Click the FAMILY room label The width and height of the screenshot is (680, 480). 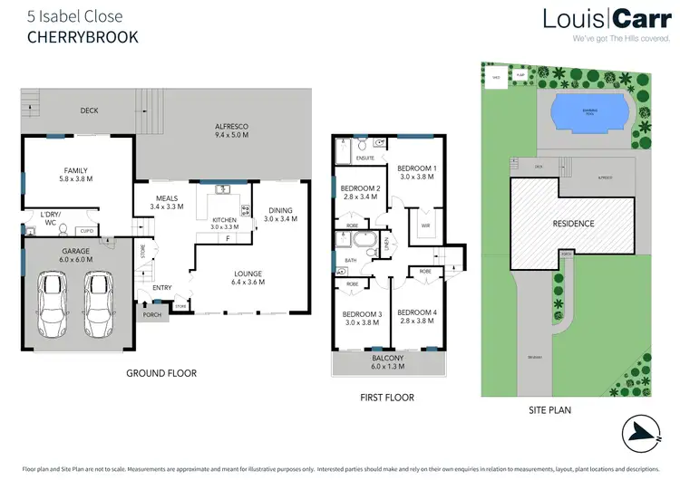point(75,174)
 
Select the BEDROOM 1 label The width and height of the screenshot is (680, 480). point(417,172)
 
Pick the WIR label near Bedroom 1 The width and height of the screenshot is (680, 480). point(423,225)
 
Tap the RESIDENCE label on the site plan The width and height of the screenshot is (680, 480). point(573,223)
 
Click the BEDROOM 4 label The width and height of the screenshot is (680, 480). point(417,317)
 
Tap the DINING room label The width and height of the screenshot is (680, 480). point(279,214)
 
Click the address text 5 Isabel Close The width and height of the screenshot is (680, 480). point(74,16)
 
